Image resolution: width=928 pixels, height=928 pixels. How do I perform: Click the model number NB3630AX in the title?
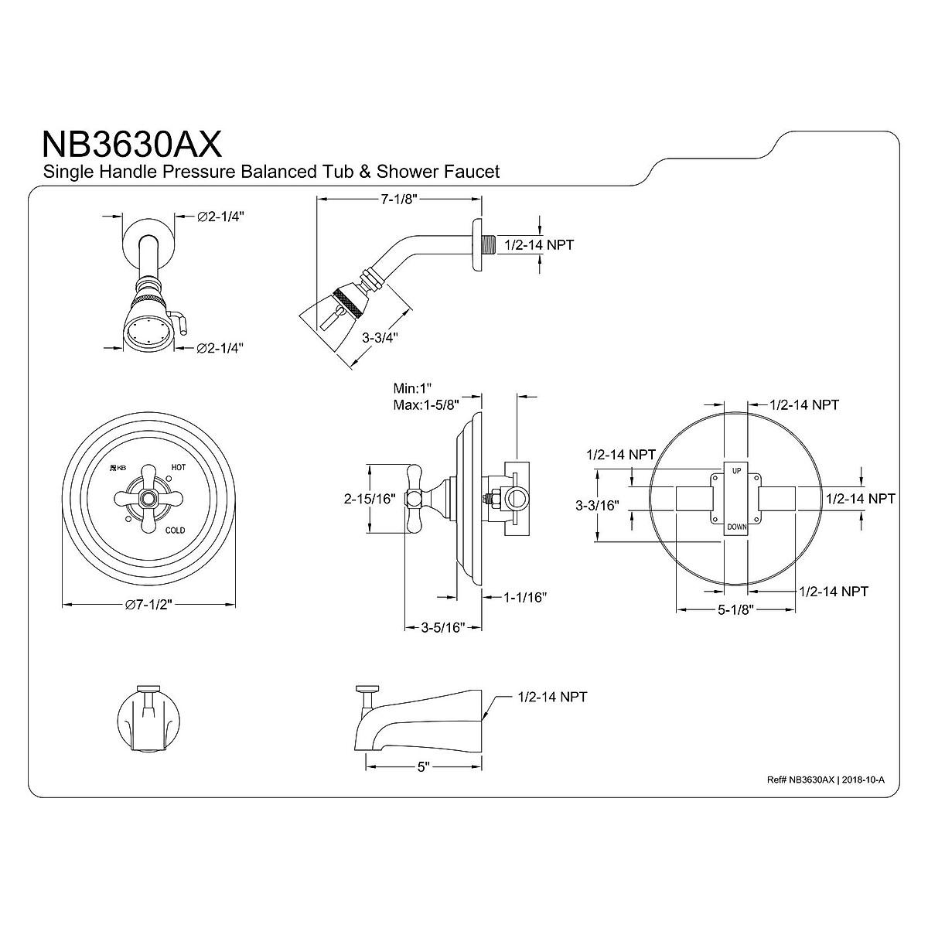132,143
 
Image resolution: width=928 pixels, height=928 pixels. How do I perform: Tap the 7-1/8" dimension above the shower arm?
399,200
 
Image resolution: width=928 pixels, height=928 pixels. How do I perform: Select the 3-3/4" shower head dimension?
380,337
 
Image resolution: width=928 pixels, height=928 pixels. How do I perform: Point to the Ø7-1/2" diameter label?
148,605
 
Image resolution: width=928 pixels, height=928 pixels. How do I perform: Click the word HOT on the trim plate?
178,467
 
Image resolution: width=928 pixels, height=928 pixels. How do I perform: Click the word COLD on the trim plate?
175,531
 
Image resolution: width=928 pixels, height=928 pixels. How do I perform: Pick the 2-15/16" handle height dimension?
370,499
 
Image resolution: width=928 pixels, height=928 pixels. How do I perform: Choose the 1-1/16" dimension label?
525,597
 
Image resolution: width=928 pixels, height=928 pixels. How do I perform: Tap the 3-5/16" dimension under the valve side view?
442,627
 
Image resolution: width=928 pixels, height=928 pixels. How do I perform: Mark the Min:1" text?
412,388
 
